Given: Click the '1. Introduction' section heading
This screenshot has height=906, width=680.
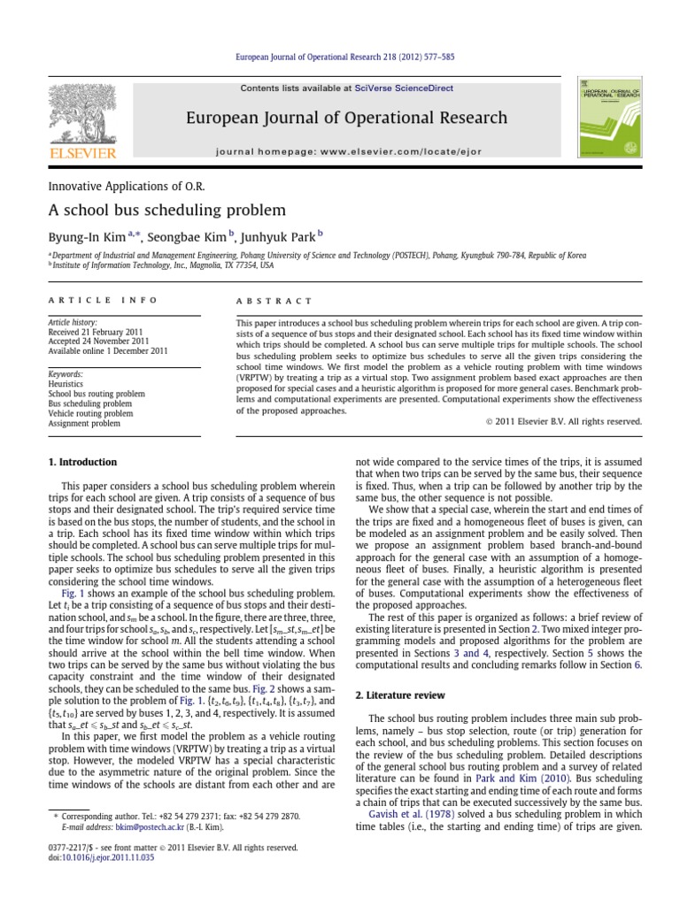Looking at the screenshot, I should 81,462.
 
